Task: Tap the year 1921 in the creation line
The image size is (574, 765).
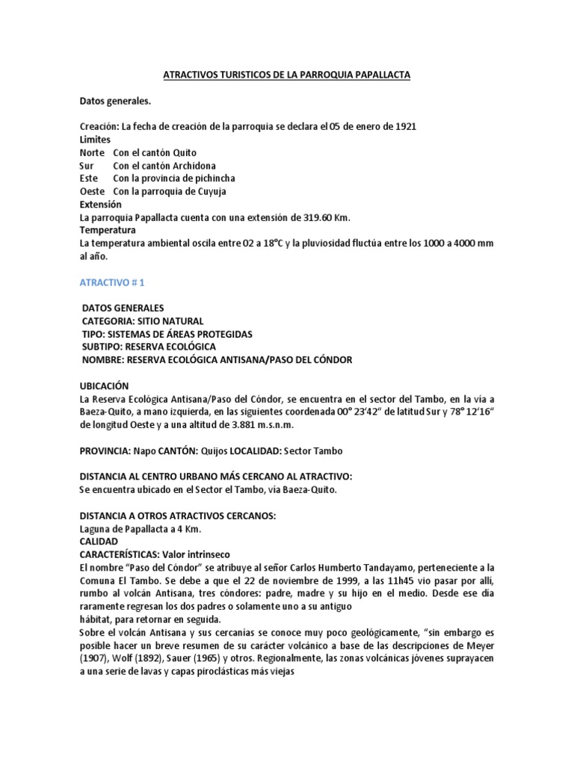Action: (404, 126)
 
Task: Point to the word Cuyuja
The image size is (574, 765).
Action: (220, 191)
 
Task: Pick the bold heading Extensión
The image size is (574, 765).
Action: (101, 204)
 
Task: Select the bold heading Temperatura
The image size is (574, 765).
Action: (108, 230)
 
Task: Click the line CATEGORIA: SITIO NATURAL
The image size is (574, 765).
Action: (142, 320)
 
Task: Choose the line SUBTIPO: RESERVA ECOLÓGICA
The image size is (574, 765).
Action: (149, 347)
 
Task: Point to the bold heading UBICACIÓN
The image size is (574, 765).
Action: (104, 385)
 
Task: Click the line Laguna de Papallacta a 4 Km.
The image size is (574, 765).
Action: (140, 528)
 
